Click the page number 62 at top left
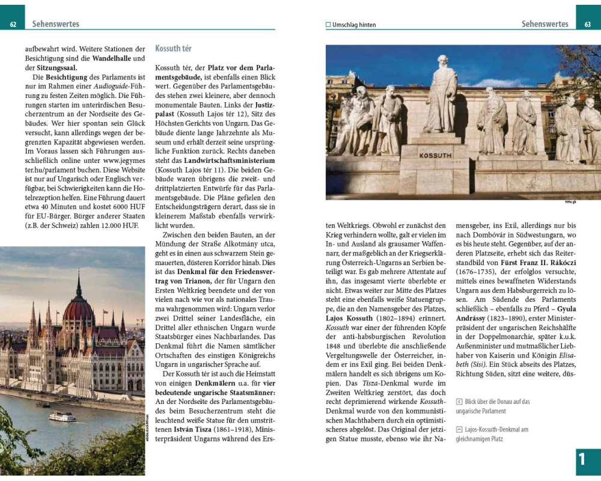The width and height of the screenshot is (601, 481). click(x=13, y=25)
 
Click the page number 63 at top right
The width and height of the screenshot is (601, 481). click(x=588, y=25)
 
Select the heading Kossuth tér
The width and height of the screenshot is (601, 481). click(x=173, y=48)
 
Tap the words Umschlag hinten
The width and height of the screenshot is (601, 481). click(x=354, y=25)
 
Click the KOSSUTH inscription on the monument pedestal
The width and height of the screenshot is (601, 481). click(x=435, y=155)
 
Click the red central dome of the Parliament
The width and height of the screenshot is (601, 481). click(x=79, y=310)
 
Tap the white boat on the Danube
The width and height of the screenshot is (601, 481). click(x=62, y=416)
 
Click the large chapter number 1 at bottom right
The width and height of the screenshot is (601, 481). click(x=582, y=460)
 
